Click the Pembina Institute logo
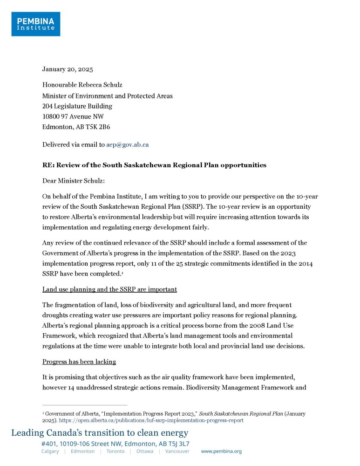pos(35,24)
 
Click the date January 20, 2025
pos(68,69)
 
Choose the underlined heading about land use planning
pos(109,289)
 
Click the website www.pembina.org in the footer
pos(221,452)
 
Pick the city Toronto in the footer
pos(115,452)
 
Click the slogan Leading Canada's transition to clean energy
pos(100,433)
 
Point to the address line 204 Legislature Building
pos(77,106)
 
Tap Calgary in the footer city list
pos(50,452)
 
